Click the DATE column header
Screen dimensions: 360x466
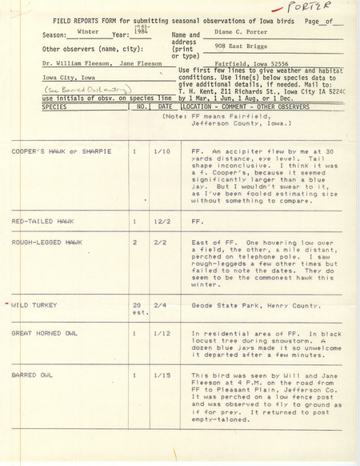click(x=166, y=105)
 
